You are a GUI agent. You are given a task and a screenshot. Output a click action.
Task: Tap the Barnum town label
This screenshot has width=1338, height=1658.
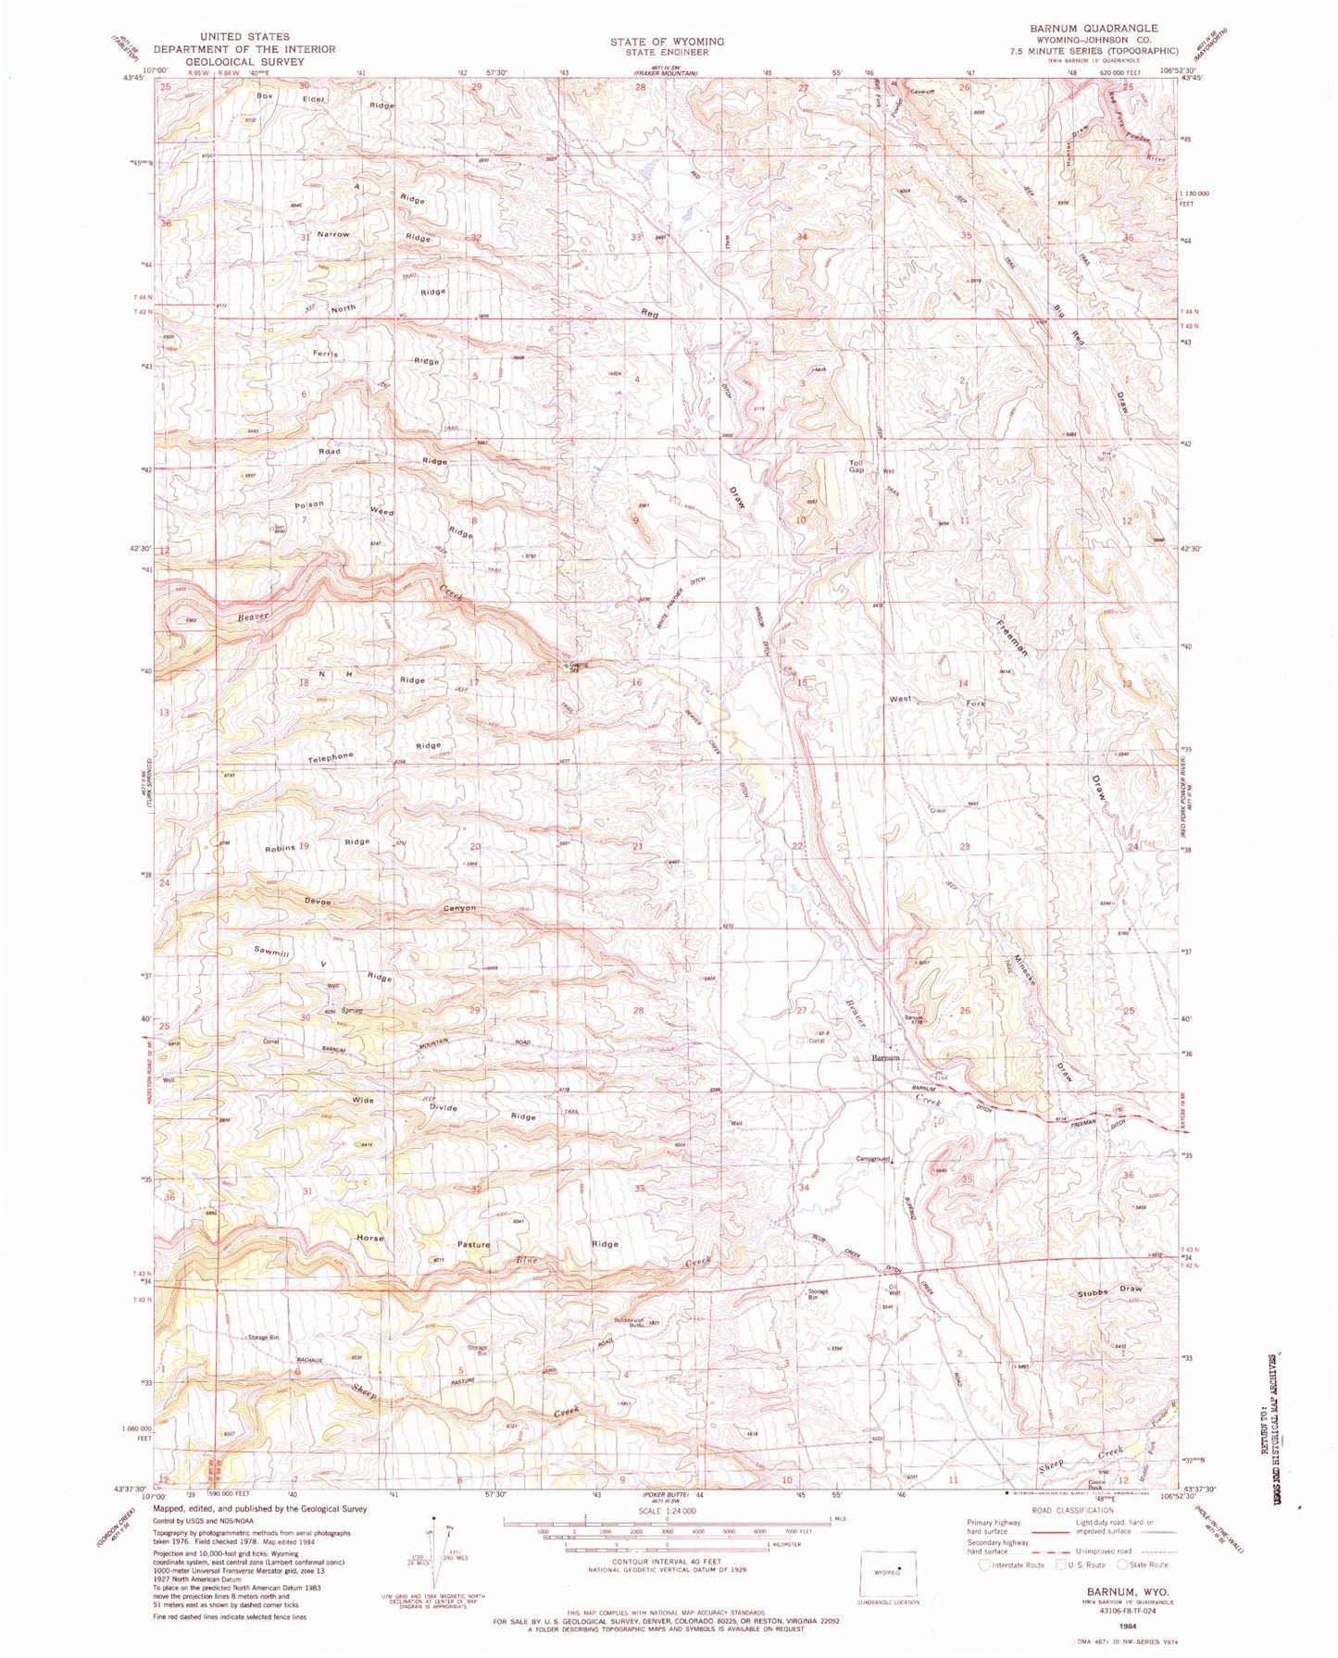coord(885,1057)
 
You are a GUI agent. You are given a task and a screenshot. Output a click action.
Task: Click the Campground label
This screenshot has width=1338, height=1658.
coord(872,1158)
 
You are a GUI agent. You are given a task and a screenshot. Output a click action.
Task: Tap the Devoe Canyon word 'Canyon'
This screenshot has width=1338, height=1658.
coord(459,908)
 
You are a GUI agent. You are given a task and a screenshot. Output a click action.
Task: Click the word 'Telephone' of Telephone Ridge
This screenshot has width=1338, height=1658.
coord(331,757)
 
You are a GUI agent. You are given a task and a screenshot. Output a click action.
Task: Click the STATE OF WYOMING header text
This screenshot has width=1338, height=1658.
coord(667,42)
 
